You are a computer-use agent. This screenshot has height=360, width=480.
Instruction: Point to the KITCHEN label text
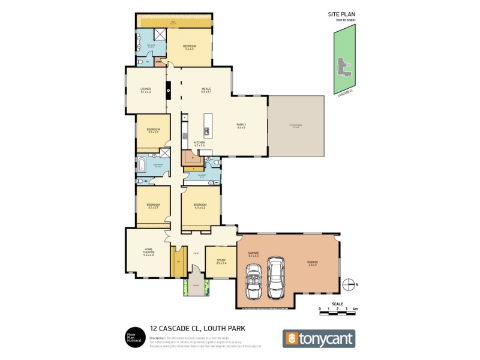coord(199,143)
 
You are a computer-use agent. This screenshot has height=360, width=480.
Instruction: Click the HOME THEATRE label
coord(148,253)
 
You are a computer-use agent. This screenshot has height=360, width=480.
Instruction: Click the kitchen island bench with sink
coord(207,124)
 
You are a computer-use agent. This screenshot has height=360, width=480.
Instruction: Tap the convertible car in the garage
coord(253,281)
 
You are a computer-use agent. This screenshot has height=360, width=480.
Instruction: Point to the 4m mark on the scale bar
coord(355,309)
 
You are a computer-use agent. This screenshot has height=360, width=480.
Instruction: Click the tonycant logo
coord(319,338)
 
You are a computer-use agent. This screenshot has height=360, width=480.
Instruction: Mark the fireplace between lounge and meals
coord(169,91)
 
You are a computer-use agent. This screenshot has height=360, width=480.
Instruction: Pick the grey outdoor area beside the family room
coord(296,125)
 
